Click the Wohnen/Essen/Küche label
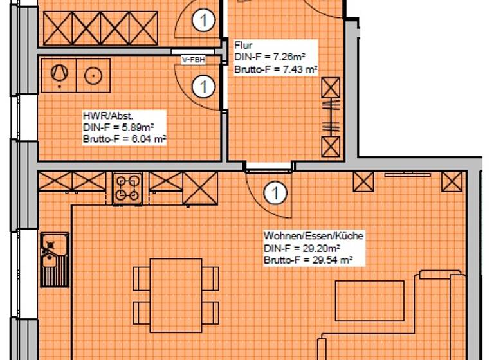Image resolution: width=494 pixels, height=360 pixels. click(x=313, y=236)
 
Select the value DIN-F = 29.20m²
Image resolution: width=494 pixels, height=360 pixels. click(x=301, y=248)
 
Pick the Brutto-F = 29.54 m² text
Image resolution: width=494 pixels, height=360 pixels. click(x=308, y=260)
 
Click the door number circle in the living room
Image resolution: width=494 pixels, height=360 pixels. click(x=275, y=192)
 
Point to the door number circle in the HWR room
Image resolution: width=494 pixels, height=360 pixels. click(x=203, y=85)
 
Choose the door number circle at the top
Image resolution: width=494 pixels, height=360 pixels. click(x=203, y=21)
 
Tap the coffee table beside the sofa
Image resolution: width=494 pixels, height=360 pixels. click(x=369, y=300)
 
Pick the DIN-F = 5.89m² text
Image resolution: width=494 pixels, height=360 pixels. click(x=114, y=128)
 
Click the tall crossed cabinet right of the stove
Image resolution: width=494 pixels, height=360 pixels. click(x=199, y=188)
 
